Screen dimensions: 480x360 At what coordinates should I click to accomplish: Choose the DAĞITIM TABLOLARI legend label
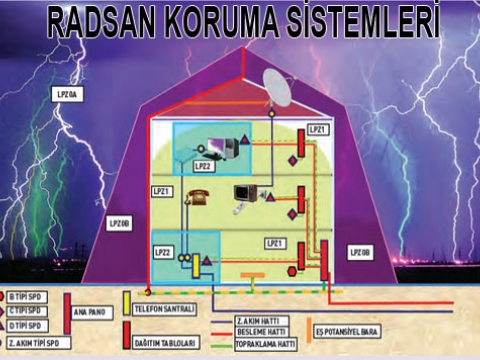coord(163,343)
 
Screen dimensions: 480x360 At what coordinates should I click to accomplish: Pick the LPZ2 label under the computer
coord(204,166)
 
